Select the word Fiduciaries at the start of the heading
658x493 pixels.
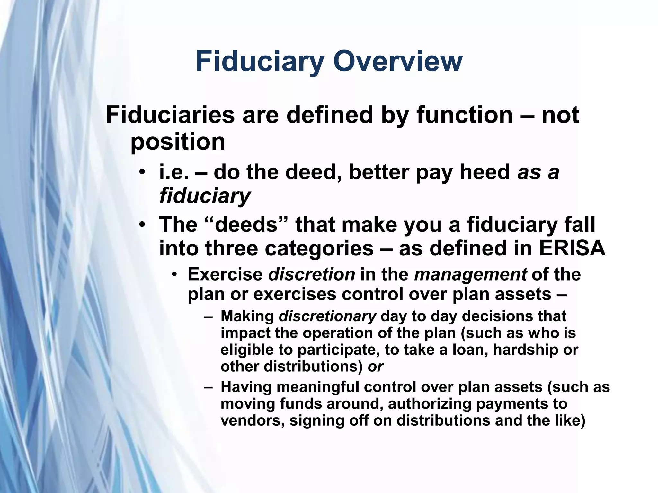[170, 115]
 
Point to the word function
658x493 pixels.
[464, 115]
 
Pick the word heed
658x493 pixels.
[485, 172]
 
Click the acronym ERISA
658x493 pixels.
[572, 248]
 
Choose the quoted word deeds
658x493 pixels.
[246, 224]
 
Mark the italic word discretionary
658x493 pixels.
[327, 316]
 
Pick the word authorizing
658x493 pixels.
[429, 403]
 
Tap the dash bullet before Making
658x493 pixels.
[208, 316]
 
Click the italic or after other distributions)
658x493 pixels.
[375, 366]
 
